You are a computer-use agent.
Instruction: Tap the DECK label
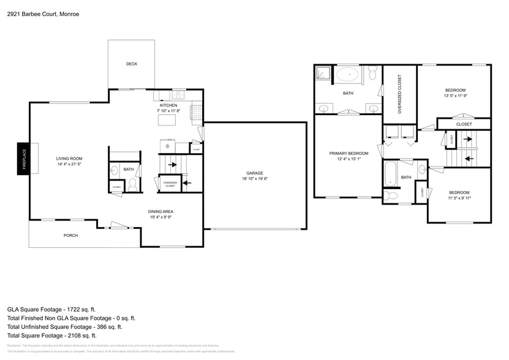pyautogui.click(x=132, y=64)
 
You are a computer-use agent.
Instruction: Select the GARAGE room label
pyautogui.click(x=255, y=173)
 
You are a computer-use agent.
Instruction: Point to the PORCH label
pyautogui.click(x=71, y=235)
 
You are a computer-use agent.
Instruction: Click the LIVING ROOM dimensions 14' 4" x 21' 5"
pyautogui.click(x=69, y=164)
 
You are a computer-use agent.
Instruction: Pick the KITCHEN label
pyautogui.click(x=168, y=105)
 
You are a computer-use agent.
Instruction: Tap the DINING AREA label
pyautogui.click(x=161, y=211)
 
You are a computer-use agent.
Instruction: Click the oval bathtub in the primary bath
pyautogui.click(x=349, y=75)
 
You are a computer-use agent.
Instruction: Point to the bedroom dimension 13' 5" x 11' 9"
pyautogui.click(x=455, y=96)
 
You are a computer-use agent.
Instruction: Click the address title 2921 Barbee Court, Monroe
pyautogui.click(x=43, y=13)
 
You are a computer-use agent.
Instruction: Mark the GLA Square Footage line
pyautogui.click(x=51, y=310)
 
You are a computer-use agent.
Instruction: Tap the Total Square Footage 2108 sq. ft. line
pyautogui.click(x=52, y=336)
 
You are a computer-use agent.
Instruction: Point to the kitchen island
pyautogui.click(x=166, y=120)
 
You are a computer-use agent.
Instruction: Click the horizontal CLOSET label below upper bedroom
pyautogui.click(x=464, y=124)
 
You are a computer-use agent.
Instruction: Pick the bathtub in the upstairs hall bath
pyautogui.click(x=390, y=174)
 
